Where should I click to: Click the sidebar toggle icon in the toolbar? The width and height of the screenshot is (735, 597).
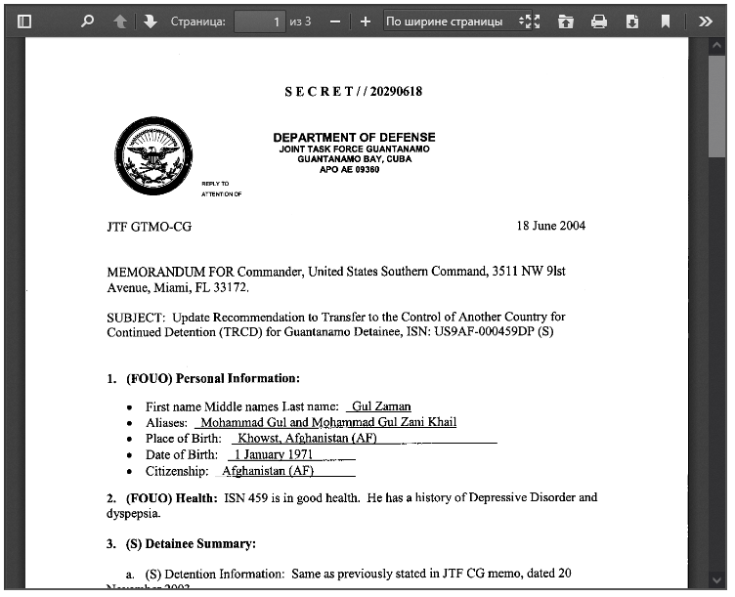point(24,21)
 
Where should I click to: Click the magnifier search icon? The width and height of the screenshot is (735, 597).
point(87,21)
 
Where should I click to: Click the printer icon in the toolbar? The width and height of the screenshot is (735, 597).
point(599,21)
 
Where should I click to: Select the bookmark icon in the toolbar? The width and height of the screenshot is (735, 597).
point(665,21)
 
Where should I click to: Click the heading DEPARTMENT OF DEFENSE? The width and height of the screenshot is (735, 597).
point(354,138)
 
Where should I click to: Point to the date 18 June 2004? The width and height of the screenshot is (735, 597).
point(550,226)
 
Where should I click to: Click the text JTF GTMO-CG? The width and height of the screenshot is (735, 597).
point(149,227)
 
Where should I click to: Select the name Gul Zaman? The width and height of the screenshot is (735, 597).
point(381,406)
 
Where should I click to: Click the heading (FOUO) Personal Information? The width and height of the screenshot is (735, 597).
point(212,378)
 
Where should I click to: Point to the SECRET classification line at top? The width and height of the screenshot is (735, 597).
point(353,92)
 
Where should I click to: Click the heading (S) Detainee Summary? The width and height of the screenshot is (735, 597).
point(191,543)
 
